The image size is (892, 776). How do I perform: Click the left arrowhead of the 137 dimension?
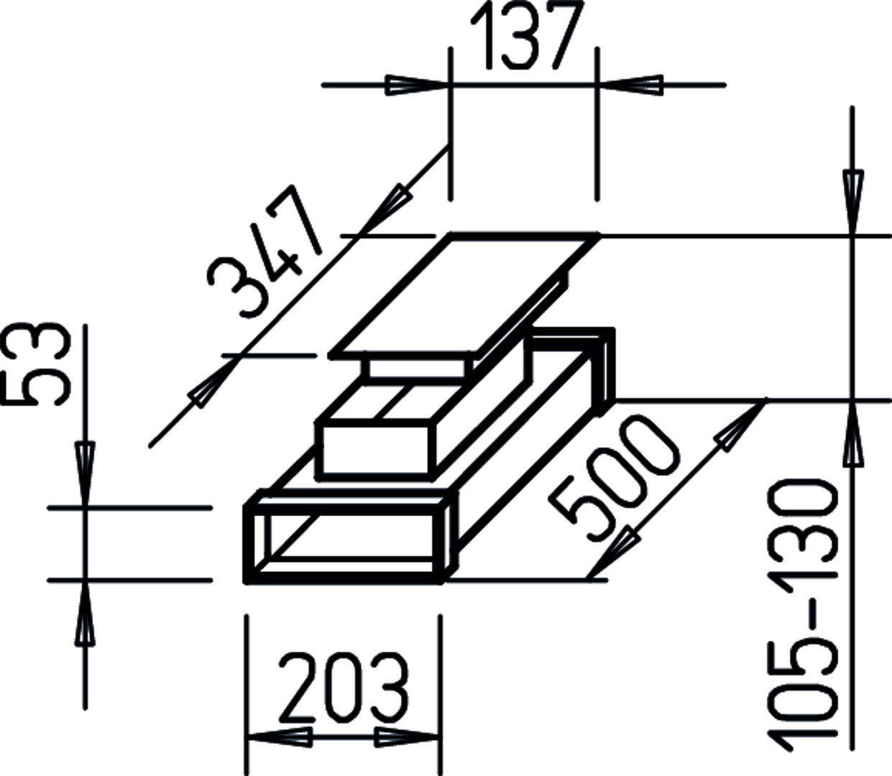[x=416, y=85]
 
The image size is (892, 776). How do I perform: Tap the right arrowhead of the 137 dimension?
[x=630, y=85]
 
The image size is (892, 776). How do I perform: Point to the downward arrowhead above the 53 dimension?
[x=85, y=474]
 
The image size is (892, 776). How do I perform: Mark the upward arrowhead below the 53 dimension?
[x=85, y=613]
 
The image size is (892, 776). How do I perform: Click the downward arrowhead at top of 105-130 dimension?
[x=853, y=203]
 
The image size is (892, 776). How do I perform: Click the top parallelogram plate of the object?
[x=464, y=296]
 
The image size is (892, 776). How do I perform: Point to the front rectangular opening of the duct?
[x=345, y=543]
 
